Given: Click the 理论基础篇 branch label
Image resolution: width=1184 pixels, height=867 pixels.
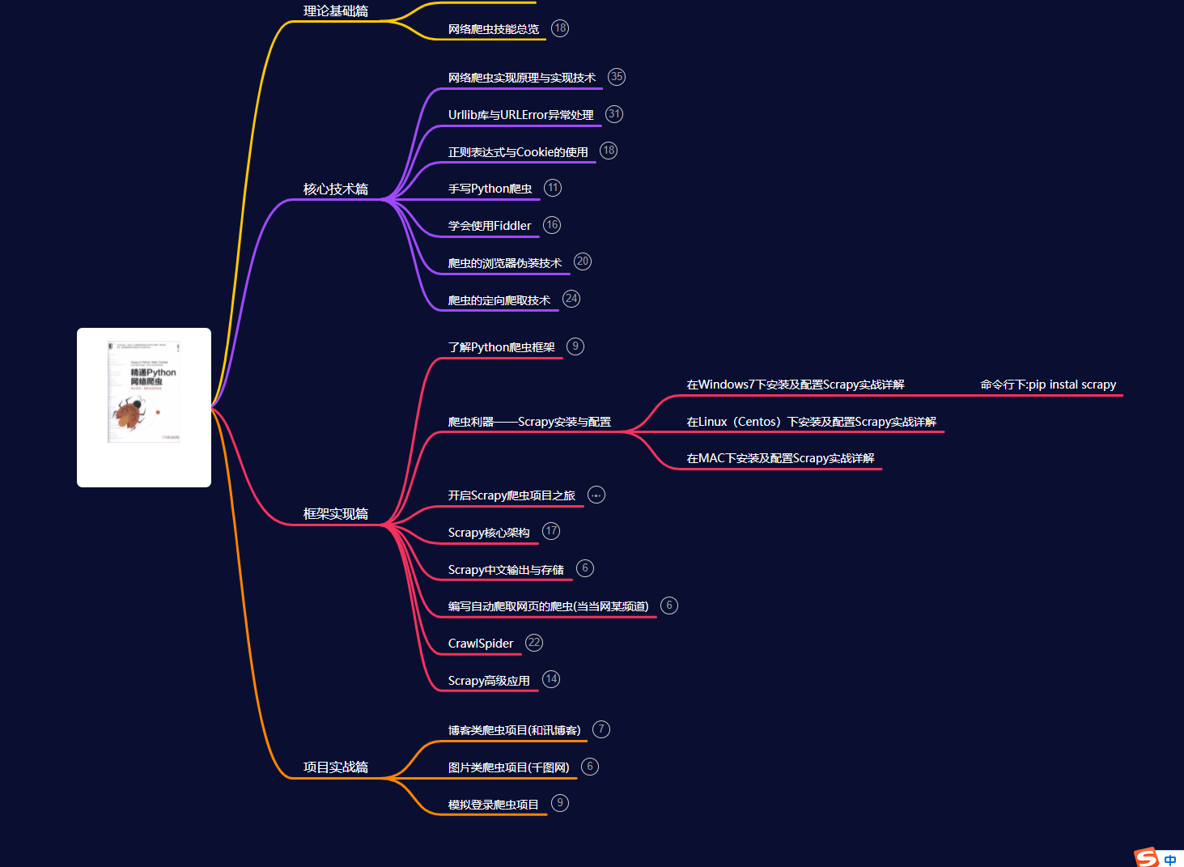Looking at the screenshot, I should [x=335, y=11].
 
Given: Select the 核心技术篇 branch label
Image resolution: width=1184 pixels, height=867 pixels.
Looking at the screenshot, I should [x=335, y=189].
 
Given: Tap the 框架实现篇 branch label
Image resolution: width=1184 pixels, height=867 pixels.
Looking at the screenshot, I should [x=335, y=514].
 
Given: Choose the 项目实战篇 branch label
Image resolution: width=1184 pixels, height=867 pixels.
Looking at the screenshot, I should [x=335, y=767].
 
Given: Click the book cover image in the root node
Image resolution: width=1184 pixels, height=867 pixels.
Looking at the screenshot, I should [x=144, y=393].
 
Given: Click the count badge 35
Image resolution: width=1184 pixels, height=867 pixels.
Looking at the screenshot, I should [x=617, y=77].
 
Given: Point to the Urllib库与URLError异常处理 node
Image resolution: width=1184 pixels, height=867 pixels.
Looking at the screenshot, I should [x=520, y=115].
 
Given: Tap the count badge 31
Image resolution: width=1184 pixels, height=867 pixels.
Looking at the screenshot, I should [x=614, y=114].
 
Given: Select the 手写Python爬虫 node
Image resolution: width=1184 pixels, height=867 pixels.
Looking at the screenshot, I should [x=490, y=189].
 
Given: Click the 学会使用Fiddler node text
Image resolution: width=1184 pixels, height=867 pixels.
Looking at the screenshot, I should [x=490, y=226].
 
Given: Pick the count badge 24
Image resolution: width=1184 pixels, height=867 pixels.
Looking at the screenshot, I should [x=571, y=299].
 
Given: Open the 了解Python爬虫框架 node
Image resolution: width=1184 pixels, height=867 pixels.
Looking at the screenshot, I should [x=501, y=347].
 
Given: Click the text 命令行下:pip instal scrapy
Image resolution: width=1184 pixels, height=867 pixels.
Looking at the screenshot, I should [x=1048, y=385].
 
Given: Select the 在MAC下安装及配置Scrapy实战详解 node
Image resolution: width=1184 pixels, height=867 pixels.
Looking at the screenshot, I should [x=780, y=458].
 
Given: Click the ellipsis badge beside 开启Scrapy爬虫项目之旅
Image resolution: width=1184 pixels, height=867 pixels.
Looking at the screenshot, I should [x=596, y=495].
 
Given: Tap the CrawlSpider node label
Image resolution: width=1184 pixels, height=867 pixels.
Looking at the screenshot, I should [x=481, y=644].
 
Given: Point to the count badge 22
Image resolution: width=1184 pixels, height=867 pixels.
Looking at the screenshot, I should [x=534, y=643].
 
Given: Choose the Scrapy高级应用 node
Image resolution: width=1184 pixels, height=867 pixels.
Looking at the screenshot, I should [x=489, y=681].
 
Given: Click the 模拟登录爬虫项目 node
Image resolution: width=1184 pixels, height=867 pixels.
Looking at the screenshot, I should [x=493, y=805].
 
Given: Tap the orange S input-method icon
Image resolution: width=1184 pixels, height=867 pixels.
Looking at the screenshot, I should [x=1147, y=857].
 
